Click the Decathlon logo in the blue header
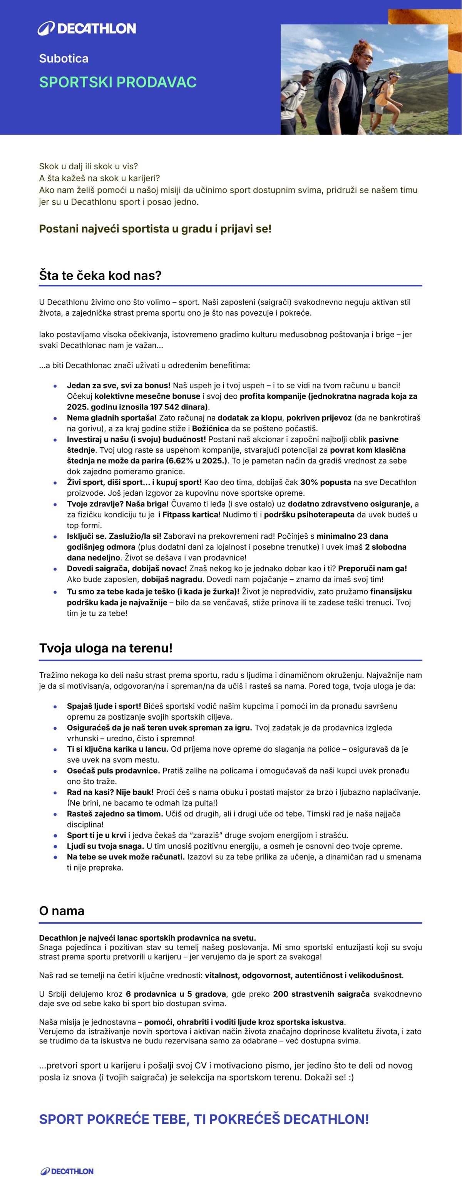pyautogui.click(x=87, y=28)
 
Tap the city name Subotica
pyautogui.click(x=64, y=58)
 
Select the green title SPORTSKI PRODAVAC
pyautogui.click(x=118, y=82)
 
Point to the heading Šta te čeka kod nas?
pyautogui.click(x=100, y=276)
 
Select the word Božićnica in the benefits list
pyautogui.click(x=210, y=428)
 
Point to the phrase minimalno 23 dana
pyautogui.click(x=353, y=536)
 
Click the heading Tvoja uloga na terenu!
pyautogui.click(x=106, y=648)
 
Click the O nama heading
pyautogui.click(x=62, y=911)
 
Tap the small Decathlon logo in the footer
pyautogui.click(x=67, y=1172)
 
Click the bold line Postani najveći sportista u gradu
pyautogui.click(x=155, y=229)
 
